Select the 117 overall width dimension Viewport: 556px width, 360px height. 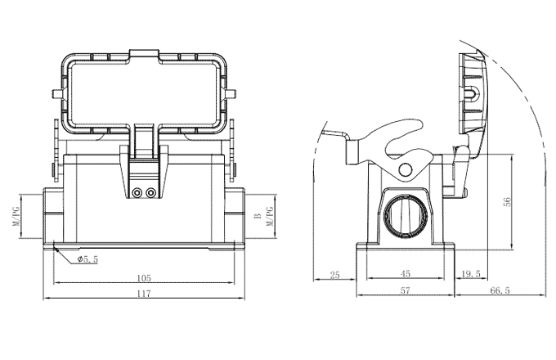pyautogui.click(x=145, y=294)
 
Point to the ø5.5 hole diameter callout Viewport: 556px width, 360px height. pyautogui.click(x=87, y=259)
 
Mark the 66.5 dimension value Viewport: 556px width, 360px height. pyautogui.click(x=500, y=290)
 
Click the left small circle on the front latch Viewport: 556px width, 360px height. pyautogui.click(x=137, y=193)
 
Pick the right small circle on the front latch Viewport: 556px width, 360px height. pyautogui.click(x=150, y=193)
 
